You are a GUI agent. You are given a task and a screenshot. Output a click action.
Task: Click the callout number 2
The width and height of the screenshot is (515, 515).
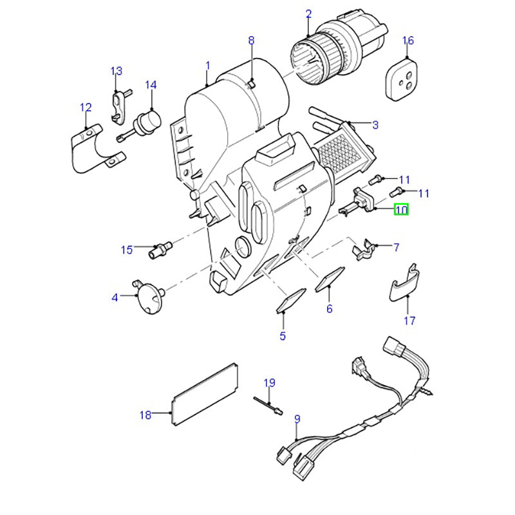coord(308,14)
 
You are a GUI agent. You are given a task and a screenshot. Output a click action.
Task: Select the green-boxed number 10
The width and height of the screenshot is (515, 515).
coord(401,209)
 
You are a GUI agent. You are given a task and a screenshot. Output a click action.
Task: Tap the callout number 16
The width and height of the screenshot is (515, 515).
coord(408,41)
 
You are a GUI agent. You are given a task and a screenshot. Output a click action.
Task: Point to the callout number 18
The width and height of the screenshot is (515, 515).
coord(145,415)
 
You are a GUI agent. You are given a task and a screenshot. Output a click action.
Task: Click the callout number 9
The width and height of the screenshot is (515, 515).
coord(297,420)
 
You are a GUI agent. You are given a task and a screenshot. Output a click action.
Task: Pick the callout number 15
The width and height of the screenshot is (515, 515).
coord(127,248)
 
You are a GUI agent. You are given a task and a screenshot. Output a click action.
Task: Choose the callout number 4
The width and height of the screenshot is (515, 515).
coord(115,297)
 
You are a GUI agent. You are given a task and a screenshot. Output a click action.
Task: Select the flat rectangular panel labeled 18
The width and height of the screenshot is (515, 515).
coord(205,393)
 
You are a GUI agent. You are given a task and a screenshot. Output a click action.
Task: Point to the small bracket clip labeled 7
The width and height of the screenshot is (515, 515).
coord(364,249)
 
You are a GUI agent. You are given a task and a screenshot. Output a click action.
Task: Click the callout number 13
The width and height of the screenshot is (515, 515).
coord(116,71)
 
